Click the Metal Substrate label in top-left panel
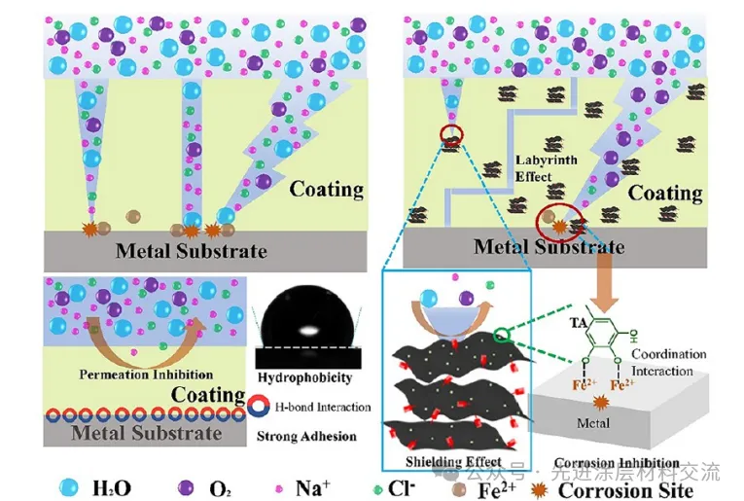click(x=191, y=250)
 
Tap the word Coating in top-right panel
click(x=664, y=192)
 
